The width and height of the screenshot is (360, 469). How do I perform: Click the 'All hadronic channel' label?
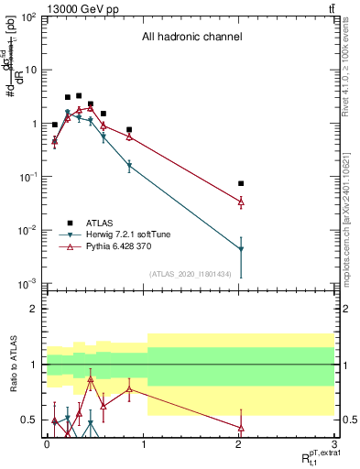click(191, 38)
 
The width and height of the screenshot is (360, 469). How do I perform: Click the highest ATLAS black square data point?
click(79, 95)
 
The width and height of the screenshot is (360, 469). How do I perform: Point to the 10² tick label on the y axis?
click(29, 17)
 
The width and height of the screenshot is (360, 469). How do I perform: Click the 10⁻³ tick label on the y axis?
click(28, 283)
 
